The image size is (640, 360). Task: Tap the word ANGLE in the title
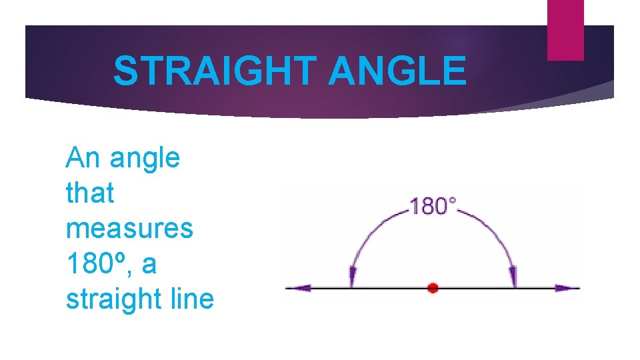397,71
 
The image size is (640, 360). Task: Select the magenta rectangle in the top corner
565,30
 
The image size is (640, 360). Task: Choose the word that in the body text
90,193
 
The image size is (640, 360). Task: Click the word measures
129,229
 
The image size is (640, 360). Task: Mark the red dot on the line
433,288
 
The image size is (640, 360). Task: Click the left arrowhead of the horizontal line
298,288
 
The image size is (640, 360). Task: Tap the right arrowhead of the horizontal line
568,288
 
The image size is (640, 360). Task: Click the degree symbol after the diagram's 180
454,200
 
